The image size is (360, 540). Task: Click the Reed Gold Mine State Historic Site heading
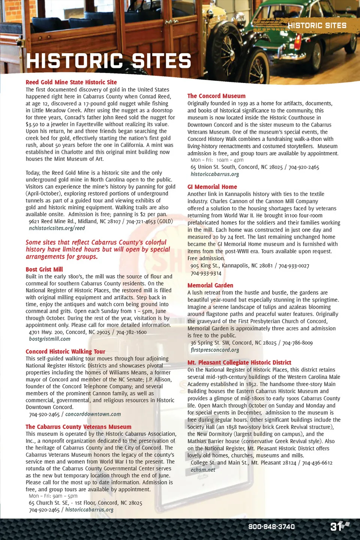[x=71, y=82]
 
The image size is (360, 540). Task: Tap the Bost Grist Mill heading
[x=44, y=269]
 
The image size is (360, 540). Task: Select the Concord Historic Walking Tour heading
[x=65, y=351]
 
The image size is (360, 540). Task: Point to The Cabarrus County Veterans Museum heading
[x=78, y=427]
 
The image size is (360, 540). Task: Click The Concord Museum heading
[x=216, y=96]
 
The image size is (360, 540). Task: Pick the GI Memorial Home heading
[x=212, y=187]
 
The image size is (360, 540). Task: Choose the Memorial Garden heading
[x=210, y=285]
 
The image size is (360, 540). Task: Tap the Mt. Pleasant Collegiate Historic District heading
[x=239, y=363]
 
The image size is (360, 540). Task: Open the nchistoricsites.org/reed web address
[x=57, y=228]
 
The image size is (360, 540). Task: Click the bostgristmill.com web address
[x=49, y=339]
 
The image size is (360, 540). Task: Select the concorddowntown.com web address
[x=93, y=414]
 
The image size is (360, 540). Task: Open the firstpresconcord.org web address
[x=215, y=350]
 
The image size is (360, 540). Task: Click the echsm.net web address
[x=203, y=470]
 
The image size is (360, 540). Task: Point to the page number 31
[x=336, y=526]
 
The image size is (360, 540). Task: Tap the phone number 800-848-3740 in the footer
[x=271, y=526]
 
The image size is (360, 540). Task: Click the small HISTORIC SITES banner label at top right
[x=317, y=25]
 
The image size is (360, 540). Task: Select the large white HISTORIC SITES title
[x=109, y=61]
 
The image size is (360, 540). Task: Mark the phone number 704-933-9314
[x=206, y=273]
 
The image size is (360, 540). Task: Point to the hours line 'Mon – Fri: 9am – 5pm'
[x=53, y=496]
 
